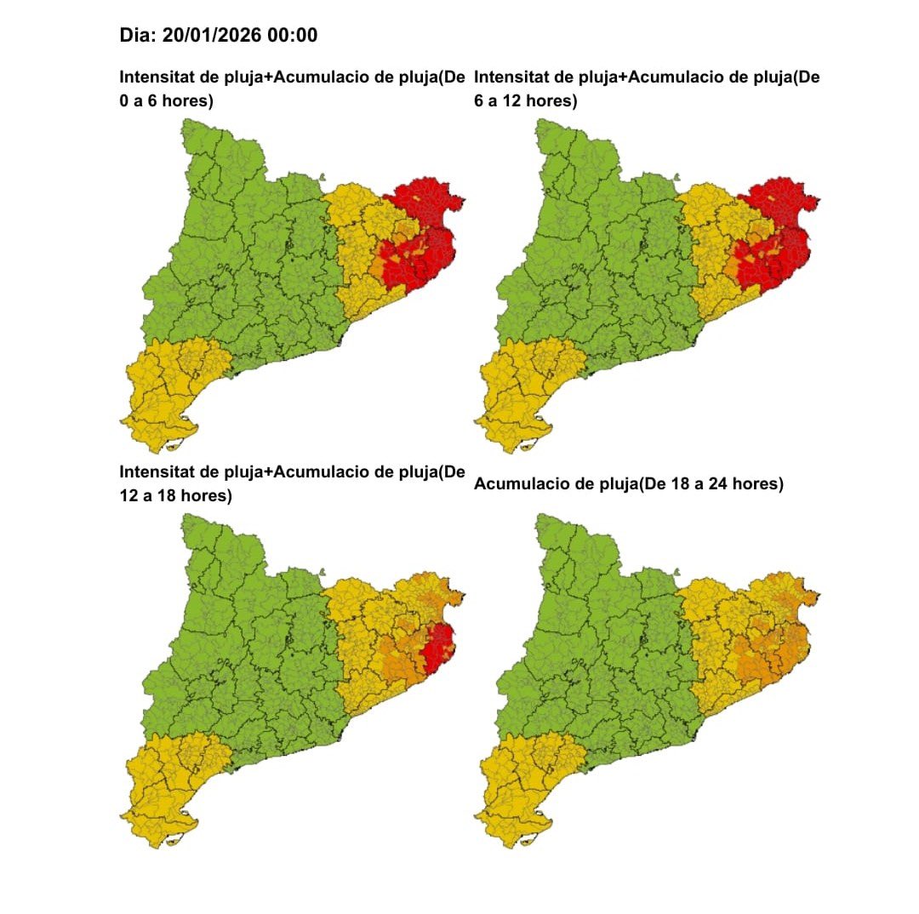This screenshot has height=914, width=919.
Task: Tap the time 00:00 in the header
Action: coord(290,35)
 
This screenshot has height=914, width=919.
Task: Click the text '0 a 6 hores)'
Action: coord(167,101)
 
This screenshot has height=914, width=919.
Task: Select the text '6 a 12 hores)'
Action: coord(525,101)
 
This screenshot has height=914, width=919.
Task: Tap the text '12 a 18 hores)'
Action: coord(175,495)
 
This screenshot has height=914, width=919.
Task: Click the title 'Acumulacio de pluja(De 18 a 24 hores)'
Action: coord(628,484)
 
